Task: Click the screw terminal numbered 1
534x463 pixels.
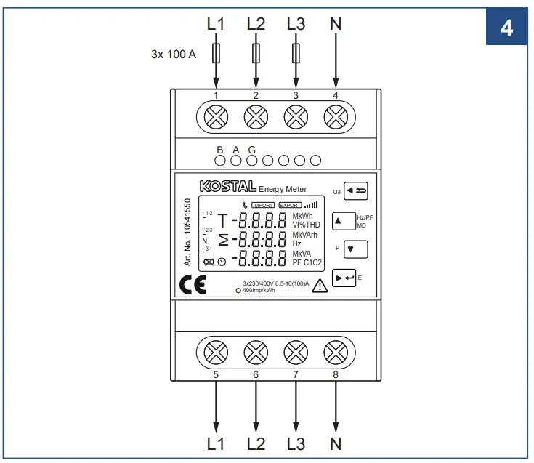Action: click(217, 116)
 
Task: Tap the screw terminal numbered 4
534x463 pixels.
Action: click(335, 116)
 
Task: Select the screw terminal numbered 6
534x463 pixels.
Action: click(256, 353)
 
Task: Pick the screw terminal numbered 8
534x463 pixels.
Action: click(335, 353)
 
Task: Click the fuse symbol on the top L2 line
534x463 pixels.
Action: click(256, 52)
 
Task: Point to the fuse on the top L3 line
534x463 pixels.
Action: click(296, 52)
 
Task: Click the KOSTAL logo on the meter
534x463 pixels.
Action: click(228, 187)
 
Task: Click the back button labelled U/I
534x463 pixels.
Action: click(356, 191)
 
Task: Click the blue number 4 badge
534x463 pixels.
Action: click(506, 27)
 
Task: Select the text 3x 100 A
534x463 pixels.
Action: click(173, 54)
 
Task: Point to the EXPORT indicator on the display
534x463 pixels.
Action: click(291, 206)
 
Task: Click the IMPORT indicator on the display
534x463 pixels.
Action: click(262, 206)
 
